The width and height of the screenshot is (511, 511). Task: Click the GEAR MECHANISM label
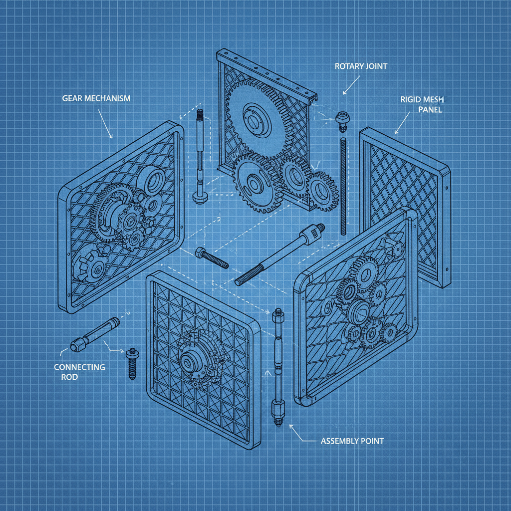pos(96,98)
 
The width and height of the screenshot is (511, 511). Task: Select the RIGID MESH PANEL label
pos(421,104)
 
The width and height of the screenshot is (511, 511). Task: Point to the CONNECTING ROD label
pos(79,372)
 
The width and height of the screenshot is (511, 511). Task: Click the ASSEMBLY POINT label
pos(352,441)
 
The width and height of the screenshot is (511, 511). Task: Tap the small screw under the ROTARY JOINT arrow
pos(342,120)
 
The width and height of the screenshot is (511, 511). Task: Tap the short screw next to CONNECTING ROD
pos(132,363)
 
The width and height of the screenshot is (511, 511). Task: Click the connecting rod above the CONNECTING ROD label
pos(95,332)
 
